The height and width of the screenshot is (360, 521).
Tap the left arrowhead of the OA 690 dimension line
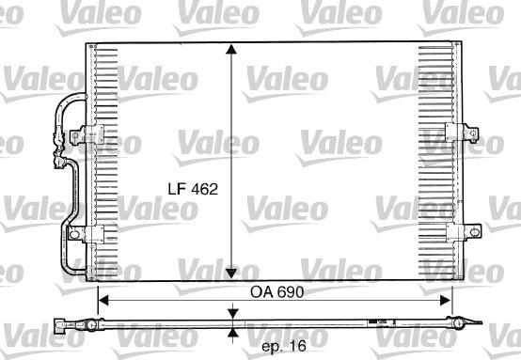(x=103, y=300)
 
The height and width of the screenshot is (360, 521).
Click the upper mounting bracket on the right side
(x=453, y=133)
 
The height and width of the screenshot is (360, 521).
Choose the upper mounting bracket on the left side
(x=91, y=133)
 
